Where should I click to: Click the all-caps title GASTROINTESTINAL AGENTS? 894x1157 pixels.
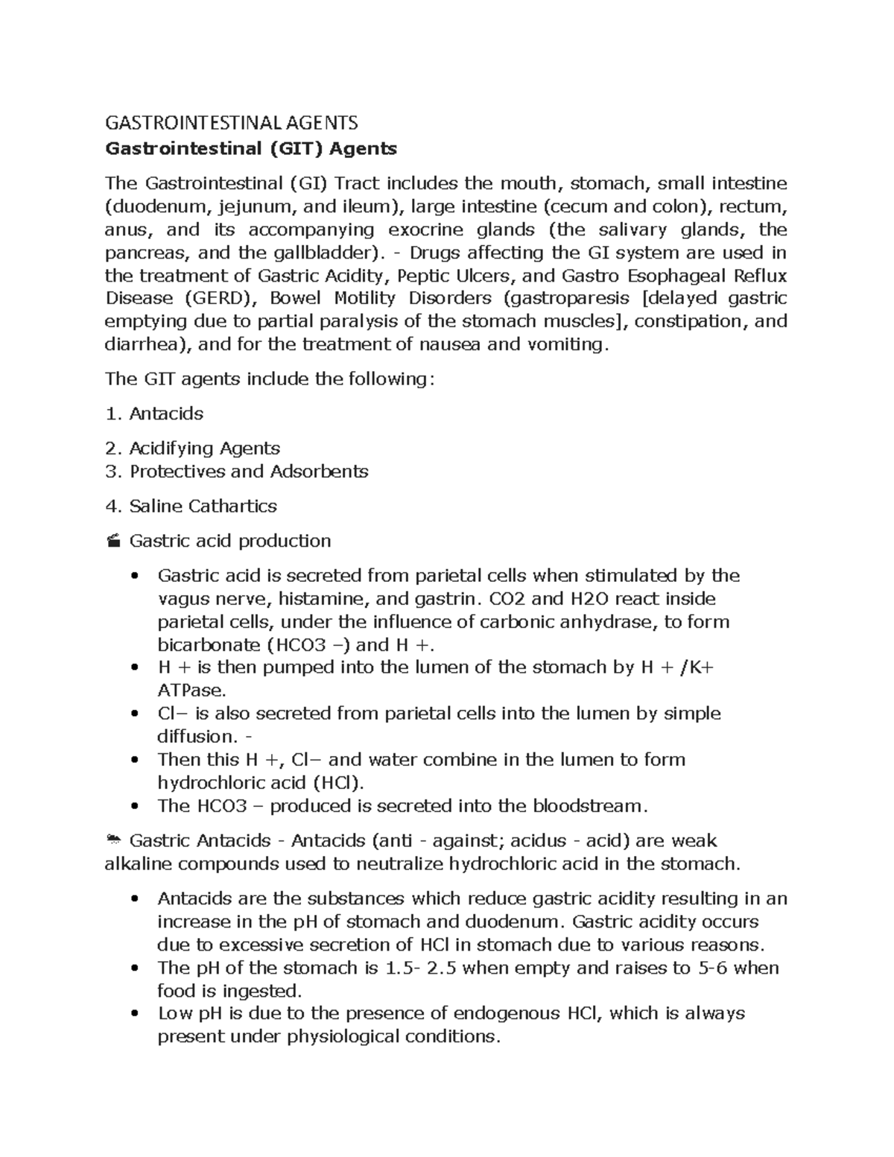231,123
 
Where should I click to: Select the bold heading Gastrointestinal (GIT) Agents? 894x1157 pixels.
251,149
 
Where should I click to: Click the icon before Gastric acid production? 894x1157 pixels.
113,541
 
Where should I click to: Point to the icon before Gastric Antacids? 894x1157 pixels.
113,840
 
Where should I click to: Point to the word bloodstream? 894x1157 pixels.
586,806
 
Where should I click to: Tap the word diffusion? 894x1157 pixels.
196,737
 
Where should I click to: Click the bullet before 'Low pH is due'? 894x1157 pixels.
134,1014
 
